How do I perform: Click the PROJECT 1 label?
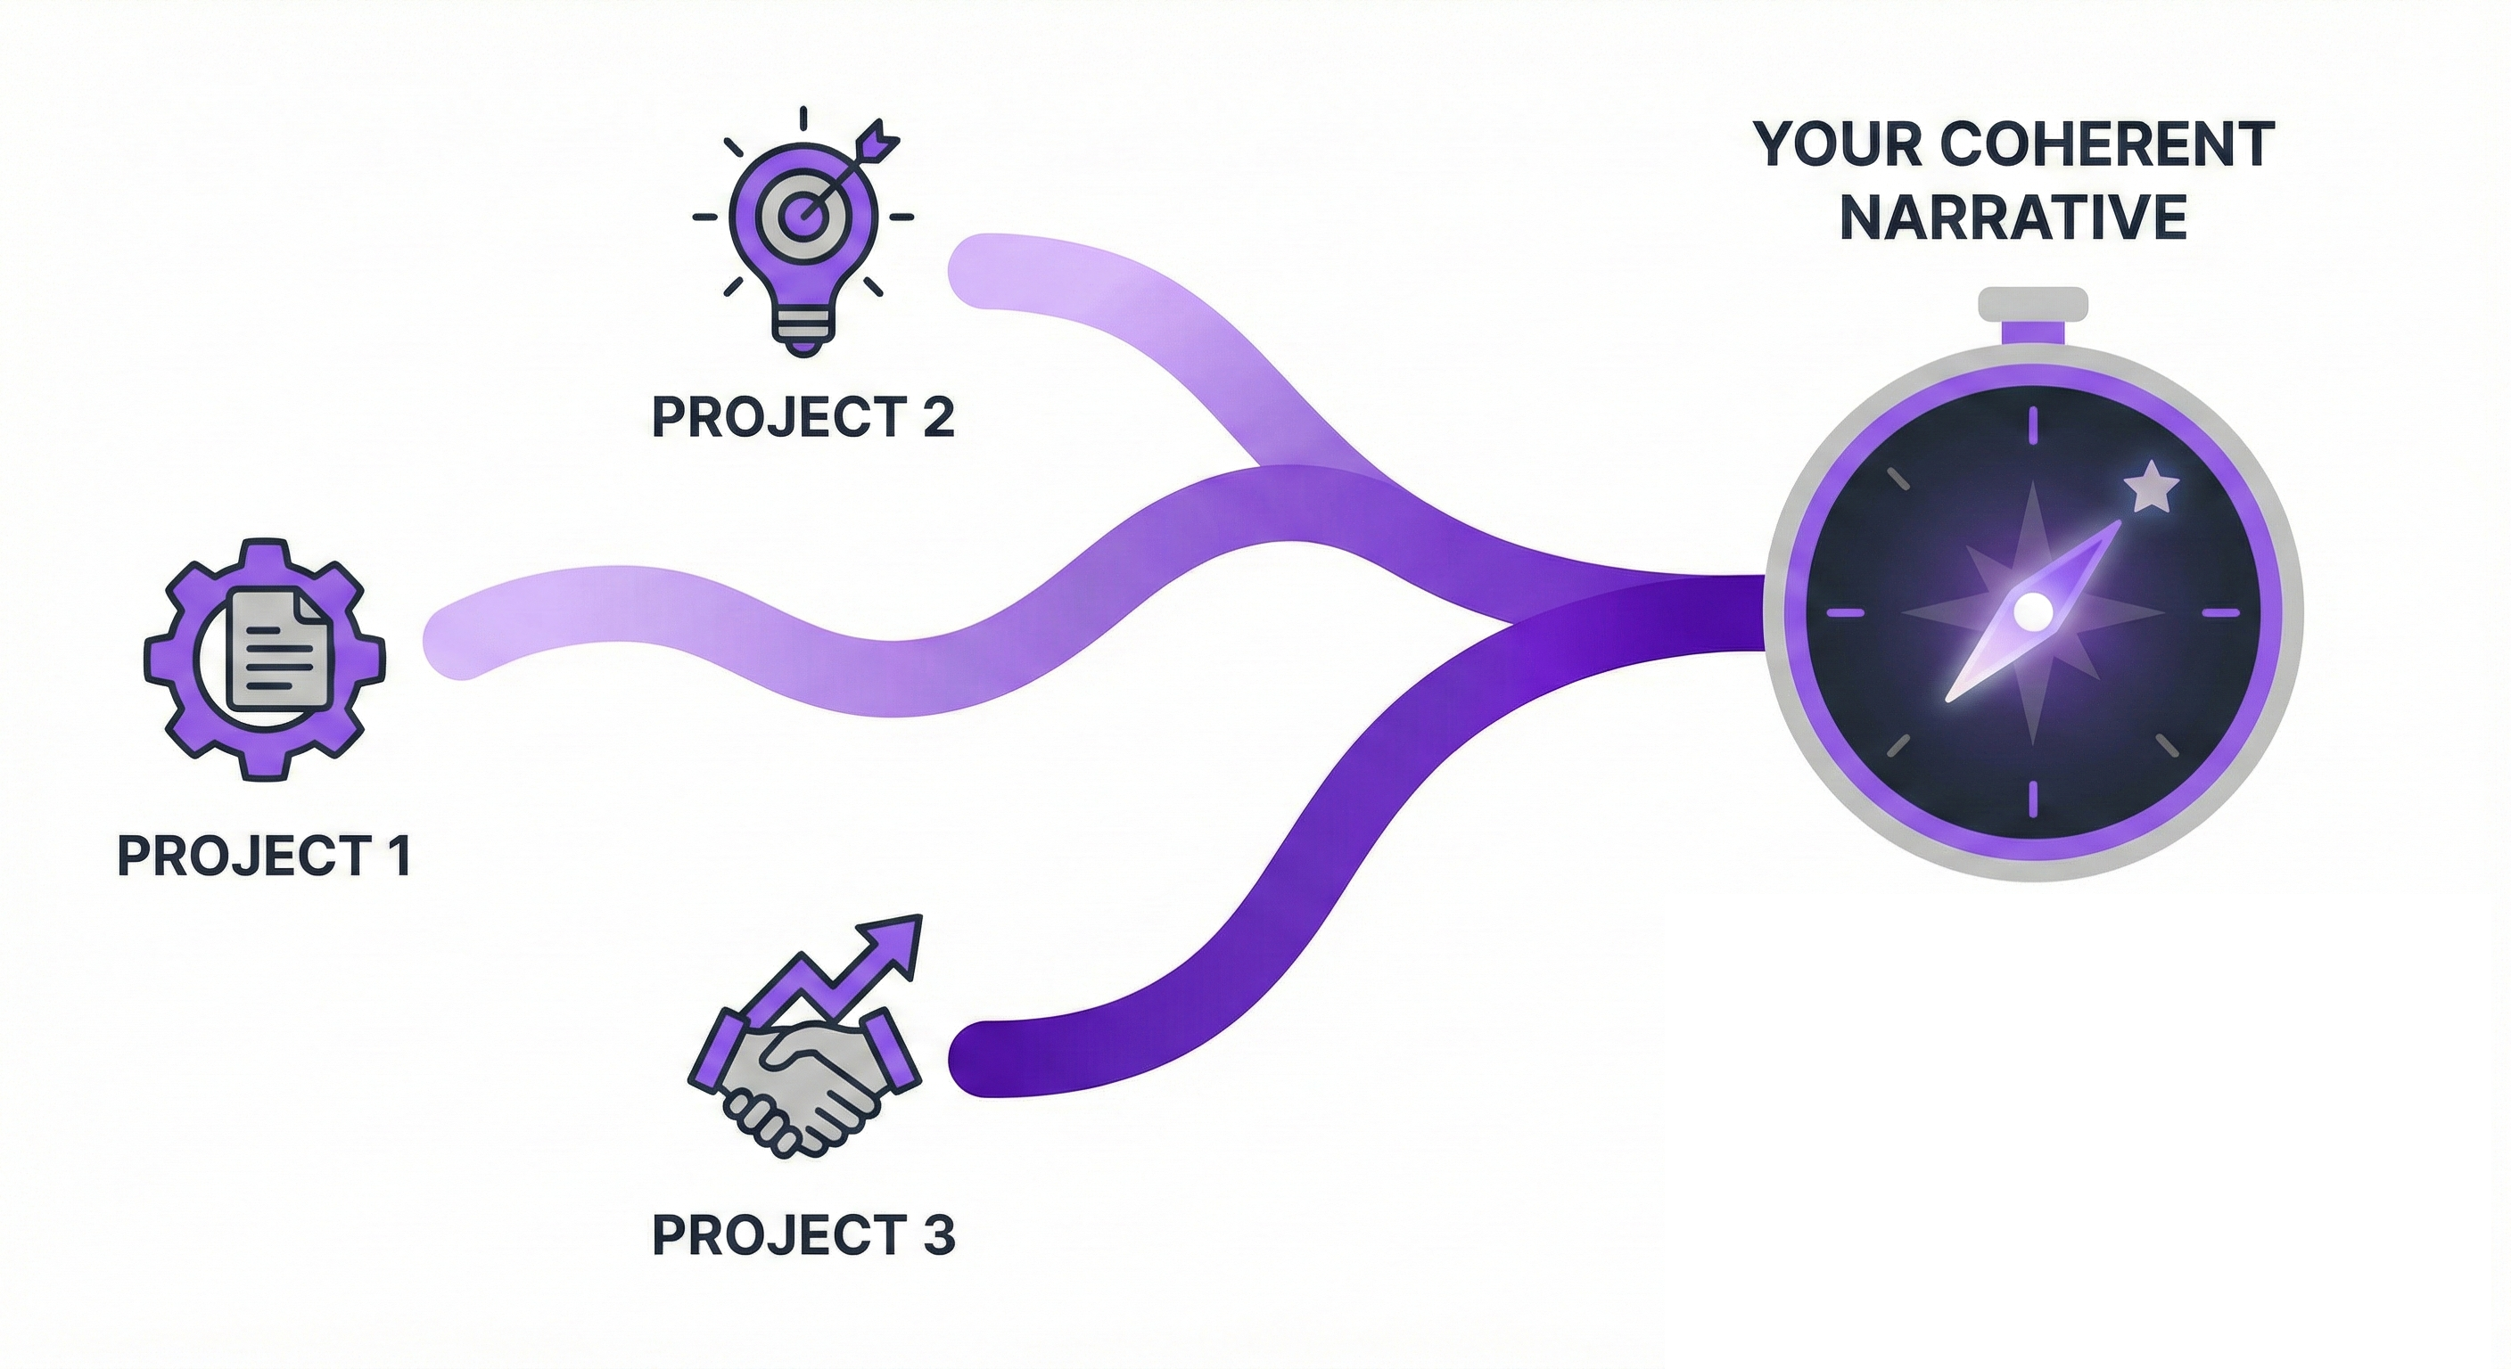tap(263, 856)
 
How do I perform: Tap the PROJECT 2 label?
tap(803, 417)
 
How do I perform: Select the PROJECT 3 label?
tap(803, 1234)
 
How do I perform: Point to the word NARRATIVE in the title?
tap(2013, 217)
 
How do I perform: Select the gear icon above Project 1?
tap(264, 659)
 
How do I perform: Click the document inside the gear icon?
tap(276, 650)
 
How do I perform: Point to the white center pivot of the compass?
tap(2033, 612)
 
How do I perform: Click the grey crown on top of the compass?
tap(2033, 304)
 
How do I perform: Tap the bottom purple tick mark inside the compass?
tap(2033, 798)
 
